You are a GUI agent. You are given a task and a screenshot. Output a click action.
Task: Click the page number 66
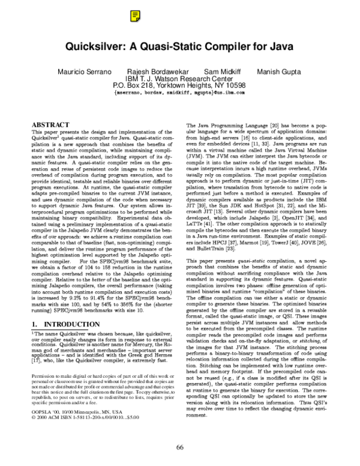click(180, 447)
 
